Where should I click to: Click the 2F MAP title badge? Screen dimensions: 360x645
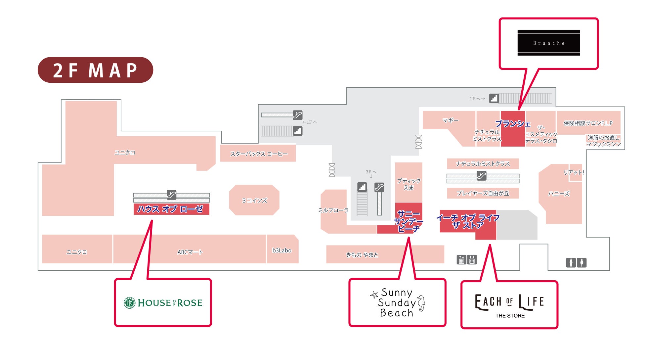pos(95,70)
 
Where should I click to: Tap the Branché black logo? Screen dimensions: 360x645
pos(548,43)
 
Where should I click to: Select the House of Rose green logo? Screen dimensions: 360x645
pos(163,303)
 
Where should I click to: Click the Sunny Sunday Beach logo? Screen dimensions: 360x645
pos(397,302)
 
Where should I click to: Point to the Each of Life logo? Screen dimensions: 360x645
pos(509,305)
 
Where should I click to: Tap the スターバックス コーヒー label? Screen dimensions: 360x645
pos(259,154)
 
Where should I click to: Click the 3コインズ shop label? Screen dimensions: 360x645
pos(254,201)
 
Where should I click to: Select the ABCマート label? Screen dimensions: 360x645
pos(190,252)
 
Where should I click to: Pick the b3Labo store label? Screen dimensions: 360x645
pos(282,250)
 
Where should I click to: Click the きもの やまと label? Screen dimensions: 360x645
pos(362,255)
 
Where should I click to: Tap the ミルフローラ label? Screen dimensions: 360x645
pos(333,210)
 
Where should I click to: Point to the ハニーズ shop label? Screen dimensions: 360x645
pos(559,194)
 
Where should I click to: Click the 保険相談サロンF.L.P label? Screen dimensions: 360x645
pos(588,123)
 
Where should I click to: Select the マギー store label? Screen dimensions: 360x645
pos(451,120)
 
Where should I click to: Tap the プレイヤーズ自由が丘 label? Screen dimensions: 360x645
pos(483,193)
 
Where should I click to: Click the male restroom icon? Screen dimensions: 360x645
pos(571,263)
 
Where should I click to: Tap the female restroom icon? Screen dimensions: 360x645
pos(581,263)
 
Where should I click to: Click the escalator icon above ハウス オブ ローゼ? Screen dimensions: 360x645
pos(171,195)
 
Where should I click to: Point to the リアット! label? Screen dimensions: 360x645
pos(574,172)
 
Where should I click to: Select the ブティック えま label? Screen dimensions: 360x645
pos(408,184)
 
